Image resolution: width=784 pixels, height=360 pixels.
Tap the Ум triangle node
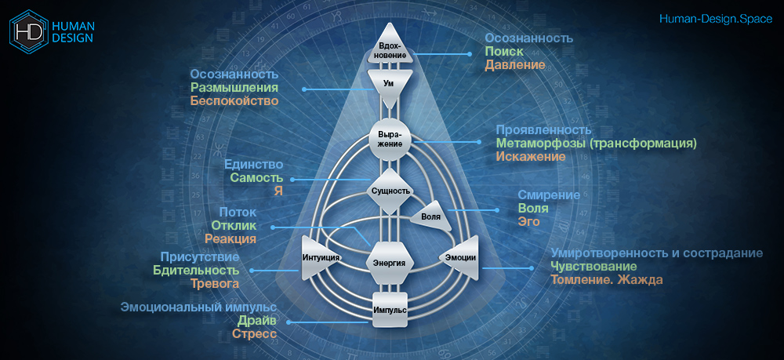tap(390, 84)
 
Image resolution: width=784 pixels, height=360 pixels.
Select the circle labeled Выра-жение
tap(390, 139)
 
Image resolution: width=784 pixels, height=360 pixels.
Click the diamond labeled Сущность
tap(390, 191)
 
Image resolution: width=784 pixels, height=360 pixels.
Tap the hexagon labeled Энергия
tap(390, 263)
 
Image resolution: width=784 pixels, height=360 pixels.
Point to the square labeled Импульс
tap(390, 309)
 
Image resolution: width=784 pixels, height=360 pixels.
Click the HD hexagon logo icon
tap(28, 31)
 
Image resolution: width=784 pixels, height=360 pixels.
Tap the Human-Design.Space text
tap(716, 19)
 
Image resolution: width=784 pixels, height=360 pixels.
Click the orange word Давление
tap(514, 65)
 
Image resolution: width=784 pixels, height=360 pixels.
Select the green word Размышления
tap(234, 88)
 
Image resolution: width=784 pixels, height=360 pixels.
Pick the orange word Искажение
tap(531, 157)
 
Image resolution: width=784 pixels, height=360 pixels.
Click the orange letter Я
tap(278, 191)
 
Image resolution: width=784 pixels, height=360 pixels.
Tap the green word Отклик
tap(234, 226)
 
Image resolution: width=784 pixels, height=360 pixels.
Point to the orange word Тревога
tap(215, 283)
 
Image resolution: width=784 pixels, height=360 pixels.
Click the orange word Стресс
tap(254, 333)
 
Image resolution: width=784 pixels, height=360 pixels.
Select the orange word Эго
tap(529, 221)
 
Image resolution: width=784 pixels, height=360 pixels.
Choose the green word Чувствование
tap(593, 266)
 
